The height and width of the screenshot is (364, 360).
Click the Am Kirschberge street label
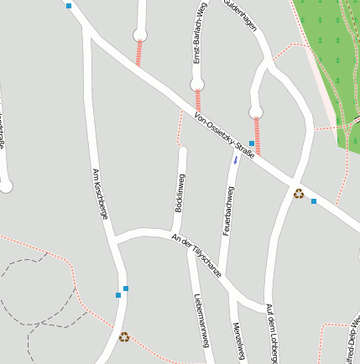click(98, 193)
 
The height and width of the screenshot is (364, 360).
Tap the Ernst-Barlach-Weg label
click(199, 34)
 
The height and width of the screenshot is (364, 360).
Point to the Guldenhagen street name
click(241, 16)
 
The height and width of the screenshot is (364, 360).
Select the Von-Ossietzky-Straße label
click(224, 135)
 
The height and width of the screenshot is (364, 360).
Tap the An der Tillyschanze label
click(197, 254)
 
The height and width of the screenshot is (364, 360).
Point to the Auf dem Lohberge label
click(270, 334)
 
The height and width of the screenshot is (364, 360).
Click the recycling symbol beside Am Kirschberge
click(124, 337)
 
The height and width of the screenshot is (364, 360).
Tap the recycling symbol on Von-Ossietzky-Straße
click(299, 194)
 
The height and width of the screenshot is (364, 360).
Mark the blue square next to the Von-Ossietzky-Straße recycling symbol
click(314, 201)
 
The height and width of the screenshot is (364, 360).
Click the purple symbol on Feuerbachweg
click(236, 159)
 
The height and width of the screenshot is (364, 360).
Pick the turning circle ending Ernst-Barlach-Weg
click(196, 84)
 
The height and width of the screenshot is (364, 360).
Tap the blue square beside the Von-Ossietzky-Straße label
click(251, 143)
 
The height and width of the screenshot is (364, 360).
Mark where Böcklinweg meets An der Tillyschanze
click(175, 231)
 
